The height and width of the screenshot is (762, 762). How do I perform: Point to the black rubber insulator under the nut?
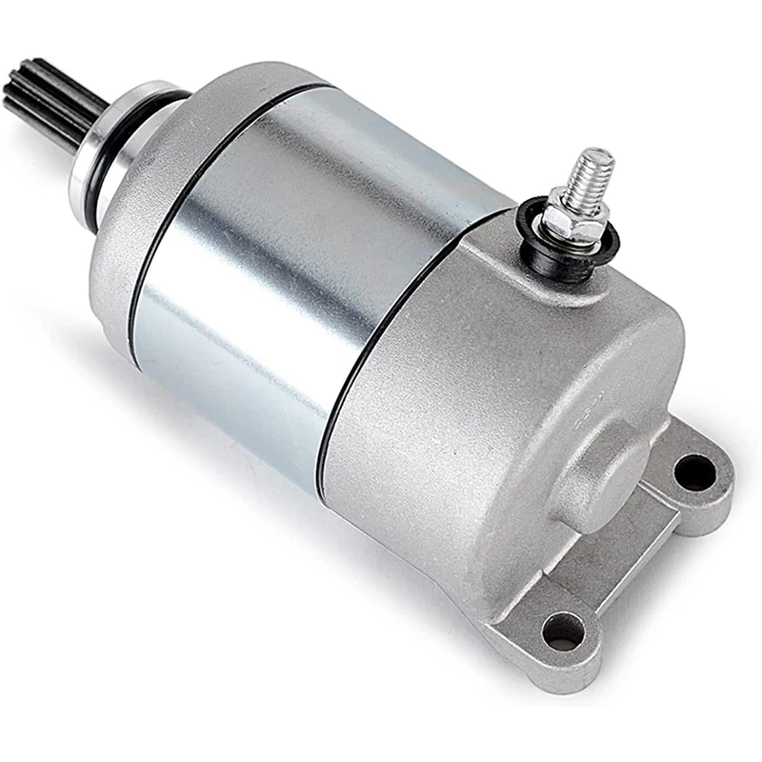pyautogui.click(x=562, y=246)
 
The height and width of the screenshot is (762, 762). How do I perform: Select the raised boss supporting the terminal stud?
pyautogui.click(x=533, y=271)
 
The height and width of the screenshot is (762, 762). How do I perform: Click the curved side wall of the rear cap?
pyautogui.click(x=429, y=457)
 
